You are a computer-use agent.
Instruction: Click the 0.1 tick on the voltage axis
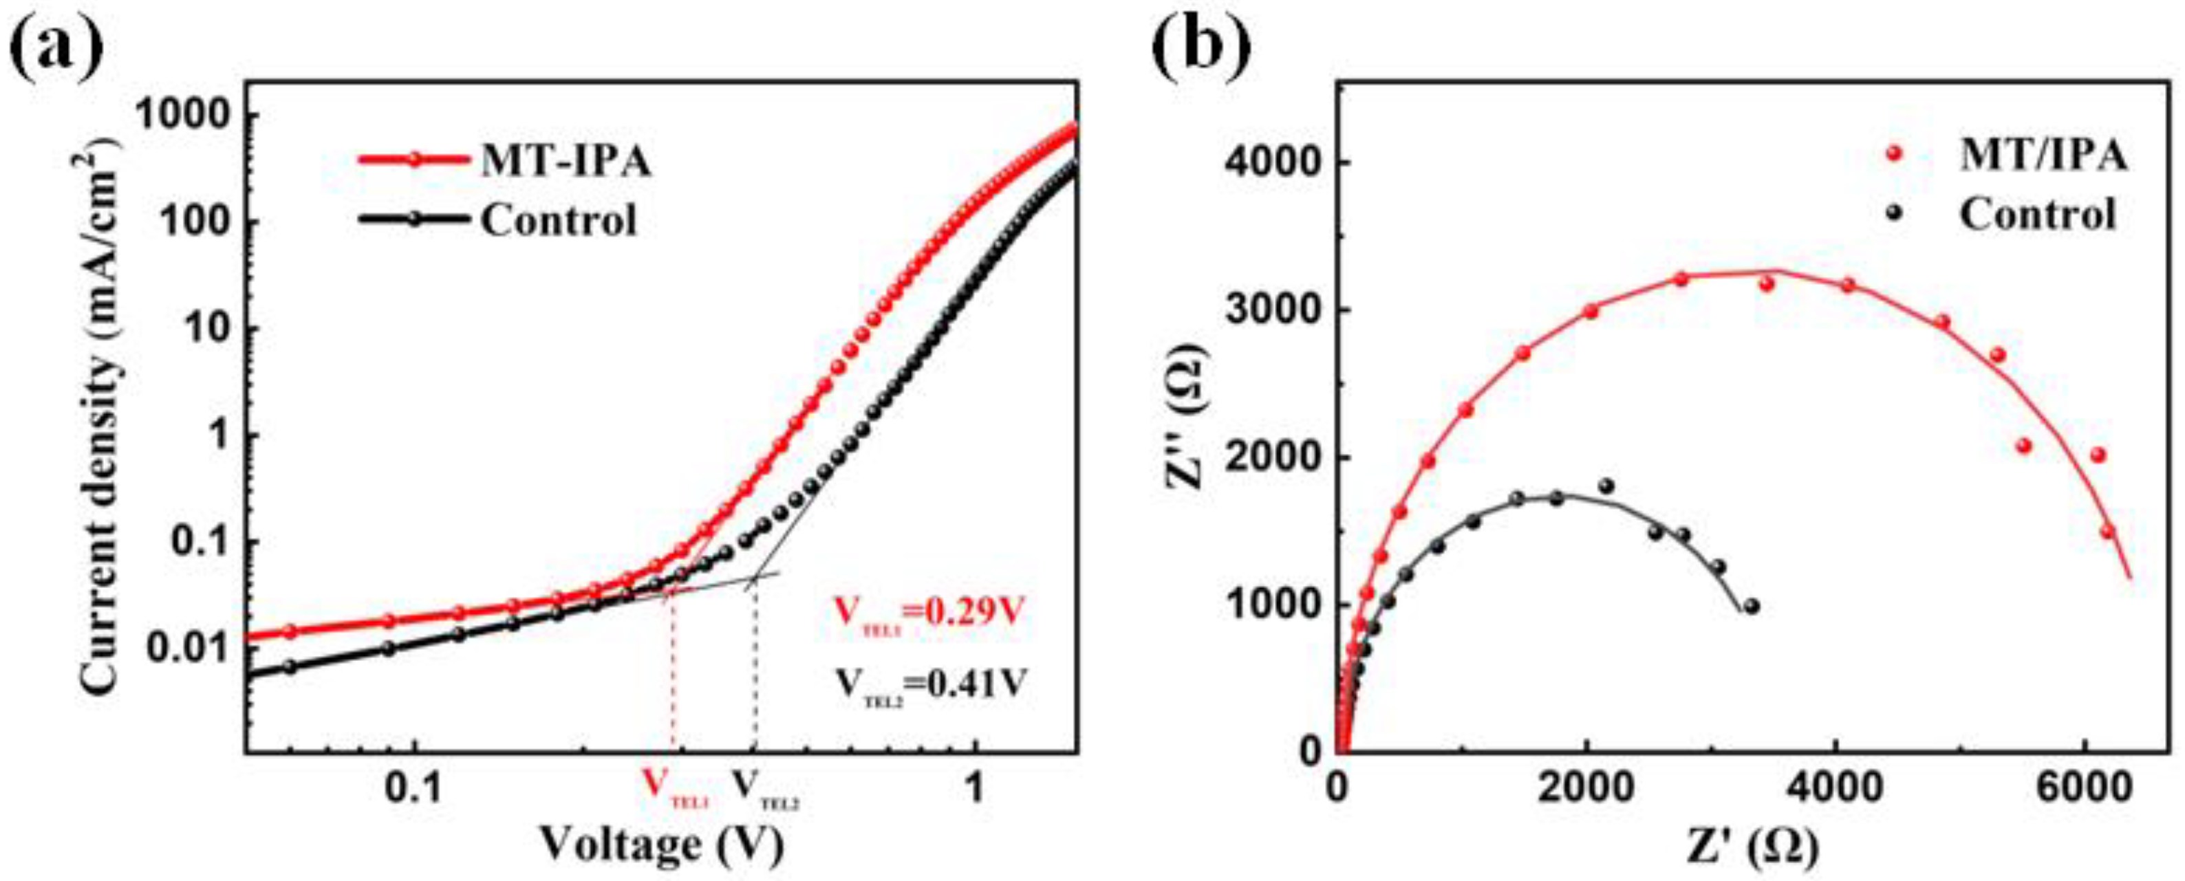point(414,790)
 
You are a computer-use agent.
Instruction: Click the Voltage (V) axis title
point(662,845)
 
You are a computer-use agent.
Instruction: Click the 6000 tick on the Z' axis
point(2086,790)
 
